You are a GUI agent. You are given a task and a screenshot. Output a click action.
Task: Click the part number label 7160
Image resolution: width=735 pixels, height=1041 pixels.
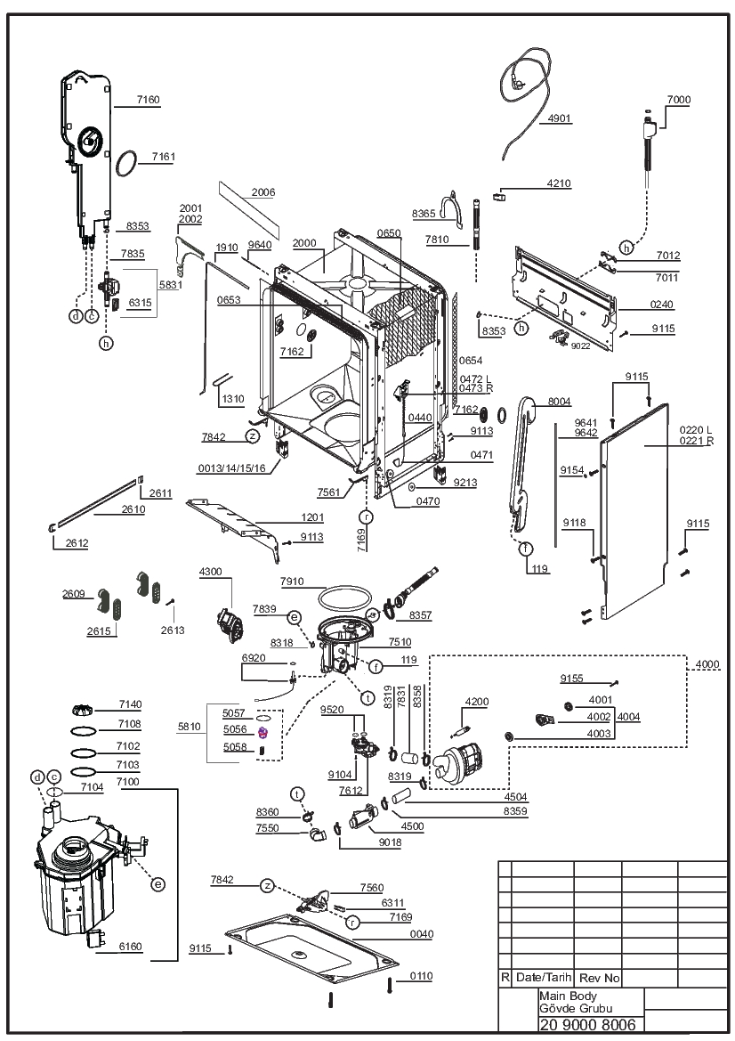point(149,100)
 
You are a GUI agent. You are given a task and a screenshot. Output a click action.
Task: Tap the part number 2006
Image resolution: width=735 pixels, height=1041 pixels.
point(263,192)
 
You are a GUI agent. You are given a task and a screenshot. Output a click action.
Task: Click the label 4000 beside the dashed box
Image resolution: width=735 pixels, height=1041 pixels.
point(707,664)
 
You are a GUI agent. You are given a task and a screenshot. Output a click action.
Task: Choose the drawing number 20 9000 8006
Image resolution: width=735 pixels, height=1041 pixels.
point(588,1024)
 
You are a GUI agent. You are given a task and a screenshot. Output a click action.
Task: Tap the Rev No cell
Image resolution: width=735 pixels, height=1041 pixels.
point(600,978)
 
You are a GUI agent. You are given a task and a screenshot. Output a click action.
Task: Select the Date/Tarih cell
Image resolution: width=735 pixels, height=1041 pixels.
point(544,977)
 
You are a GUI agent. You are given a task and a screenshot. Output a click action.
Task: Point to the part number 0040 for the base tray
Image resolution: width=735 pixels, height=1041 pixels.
point(422,934)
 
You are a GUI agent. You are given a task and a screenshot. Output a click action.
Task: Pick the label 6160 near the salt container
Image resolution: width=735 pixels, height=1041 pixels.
point(130,947)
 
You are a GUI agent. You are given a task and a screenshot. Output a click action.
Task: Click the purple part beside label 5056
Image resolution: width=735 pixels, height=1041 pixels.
point(262,732)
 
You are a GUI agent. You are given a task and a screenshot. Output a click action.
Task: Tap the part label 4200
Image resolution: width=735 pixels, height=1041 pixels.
point(477,702)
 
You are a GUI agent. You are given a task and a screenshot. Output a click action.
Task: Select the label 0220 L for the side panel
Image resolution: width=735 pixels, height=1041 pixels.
point(695,430)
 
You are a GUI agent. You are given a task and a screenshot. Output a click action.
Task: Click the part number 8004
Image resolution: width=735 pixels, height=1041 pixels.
point(559,402)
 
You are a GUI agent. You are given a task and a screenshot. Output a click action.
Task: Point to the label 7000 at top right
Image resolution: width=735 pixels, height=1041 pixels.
point(679,100)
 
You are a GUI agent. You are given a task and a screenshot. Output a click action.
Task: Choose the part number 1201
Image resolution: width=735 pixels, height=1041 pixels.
point(312,517)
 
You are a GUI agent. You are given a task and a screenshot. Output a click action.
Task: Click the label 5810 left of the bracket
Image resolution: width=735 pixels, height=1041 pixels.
point(189,727)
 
